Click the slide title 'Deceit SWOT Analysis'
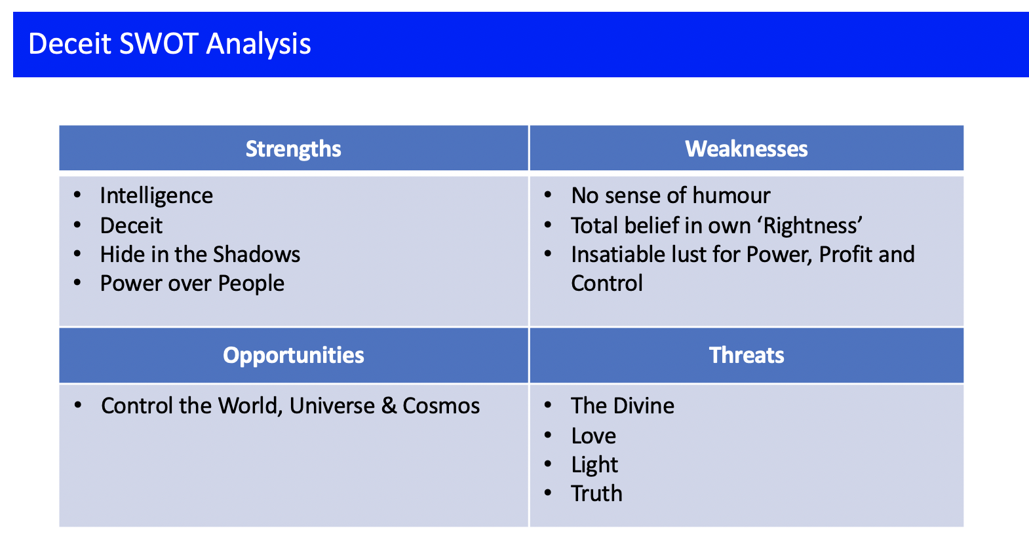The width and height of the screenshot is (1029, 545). [x=170, y=44]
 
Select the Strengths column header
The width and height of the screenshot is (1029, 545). [x=294, y=149]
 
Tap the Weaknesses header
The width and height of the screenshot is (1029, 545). [x=747, y=149]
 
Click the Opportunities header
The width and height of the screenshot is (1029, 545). [x=294, y=356]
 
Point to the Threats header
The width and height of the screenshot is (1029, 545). [x=747, y=355]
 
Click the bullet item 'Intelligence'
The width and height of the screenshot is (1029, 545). [x=157, y=196]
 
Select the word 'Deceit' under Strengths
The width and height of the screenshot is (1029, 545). [x=131, y=225]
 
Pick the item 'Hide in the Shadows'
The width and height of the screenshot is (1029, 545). [x=201, y=254]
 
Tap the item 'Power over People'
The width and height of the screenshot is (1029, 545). [x=193, y=283]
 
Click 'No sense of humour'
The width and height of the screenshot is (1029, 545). [x=670, y=196]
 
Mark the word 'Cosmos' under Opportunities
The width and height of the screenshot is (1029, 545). [x=441, y=406]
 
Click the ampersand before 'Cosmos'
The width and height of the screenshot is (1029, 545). [x=389, y=406]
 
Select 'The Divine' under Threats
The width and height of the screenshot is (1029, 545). [x=623, y=406]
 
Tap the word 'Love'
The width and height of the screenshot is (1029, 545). [x=594, y=436]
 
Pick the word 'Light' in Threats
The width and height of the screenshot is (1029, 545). [x=594, y=465]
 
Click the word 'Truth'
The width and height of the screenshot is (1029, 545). [x=596, y=493]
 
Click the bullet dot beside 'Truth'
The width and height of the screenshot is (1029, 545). [x=547, y=493]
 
